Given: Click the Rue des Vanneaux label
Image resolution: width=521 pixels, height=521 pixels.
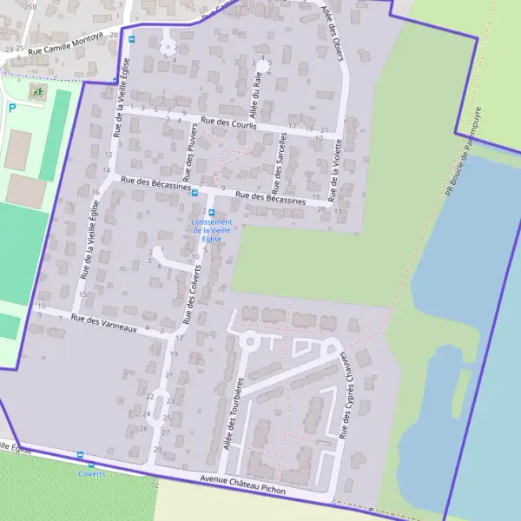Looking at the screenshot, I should tap(104, 323).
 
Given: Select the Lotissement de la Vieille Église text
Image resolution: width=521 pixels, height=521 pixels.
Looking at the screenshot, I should tap(212, 230).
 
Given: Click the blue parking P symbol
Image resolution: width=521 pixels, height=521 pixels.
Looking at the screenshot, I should tap(12, 108).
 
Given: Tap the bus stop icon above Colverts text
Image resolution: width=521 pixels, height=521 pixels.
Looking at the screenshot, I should tap(80, 455).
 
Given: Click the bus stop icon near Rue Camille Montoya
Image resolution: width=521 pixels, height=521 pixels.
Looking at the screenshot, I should tap(132, 39).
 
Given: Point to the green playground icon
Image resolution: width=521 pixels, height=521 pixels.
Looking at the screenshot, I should tap(37, 90).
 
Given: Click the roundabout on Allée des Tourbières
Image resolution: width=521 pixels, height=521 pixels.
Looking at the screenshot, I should tap(249, 341).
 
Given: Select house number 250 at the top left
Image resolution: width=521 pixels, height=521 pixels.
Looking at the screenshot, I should tap(30, 6).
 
